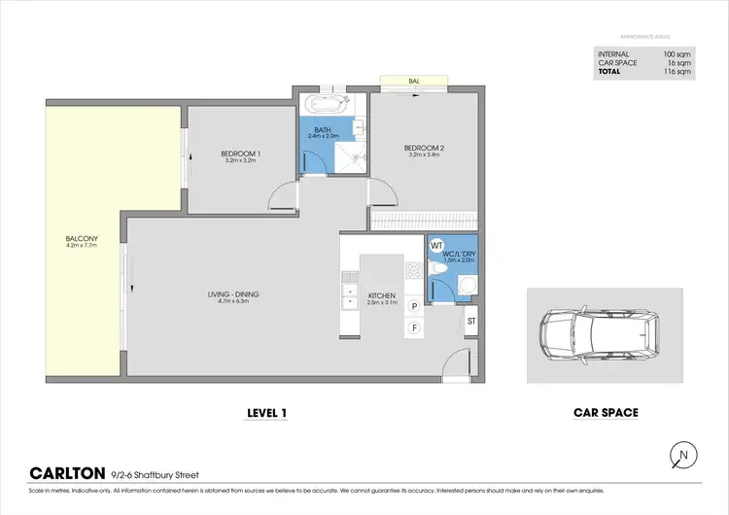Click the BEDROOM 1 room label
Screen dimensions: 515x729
coord(240,154)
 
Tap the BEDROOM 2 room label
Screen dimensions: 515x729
coord(424,149)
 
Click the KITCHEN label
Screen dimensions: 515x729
coord(379,295)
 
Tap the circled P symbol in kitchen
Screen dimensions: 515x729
coord(414,306)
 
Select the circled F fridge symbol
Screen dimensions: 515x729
coord(414,327)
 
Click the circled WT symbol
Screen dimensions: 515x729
coord(437,246)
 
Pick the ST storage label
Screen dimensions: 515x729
coord(471,321)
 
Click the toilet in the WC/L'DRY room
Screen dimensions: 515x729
coord(438,278)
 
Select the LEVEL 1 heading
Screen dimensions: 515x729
coord(267,413)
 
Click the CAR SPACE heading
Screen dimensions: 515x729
coord(606,413)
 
